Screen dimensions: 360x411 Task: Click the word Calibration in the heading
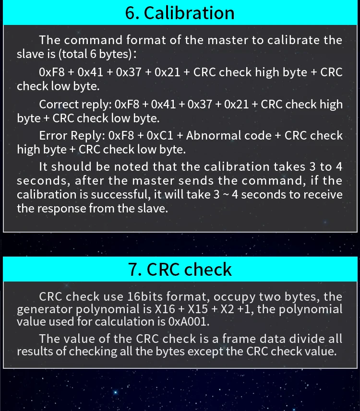click(189, 13)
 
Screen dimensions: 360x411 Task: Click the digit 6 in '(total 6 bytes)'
click(93, 54)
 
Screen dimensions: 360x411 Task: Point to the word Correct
click(59, 105)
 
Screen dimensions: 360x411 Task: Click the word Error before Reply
click(53, 136)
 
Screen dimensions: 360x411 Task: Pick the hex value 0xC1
click(160, 136)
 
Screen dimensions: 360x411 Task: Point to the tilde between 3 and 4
click(226, 195)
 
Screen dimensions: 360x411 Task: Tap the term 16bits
click(145, 296)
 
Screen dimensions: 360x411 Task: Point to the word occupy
click(234, 297)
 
